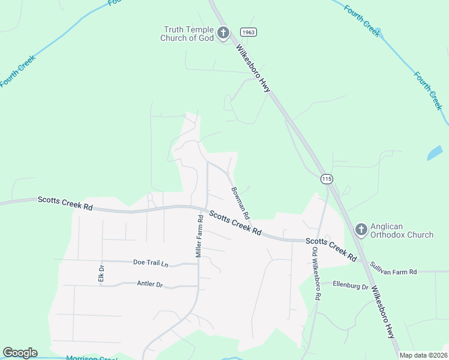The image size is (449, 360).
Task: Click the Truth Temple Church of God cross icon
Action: point(223,32)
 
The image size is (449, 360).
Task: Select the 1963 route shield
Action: point(249,32)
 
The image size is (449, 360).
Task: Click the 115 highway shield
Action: point(327,179)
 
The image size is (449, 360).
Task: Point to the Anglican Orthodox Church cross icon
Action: point(361,229)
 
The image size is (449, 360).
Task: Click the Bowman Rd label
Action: point(241,202)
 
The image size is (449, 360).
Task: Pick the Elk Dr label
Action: point(101,273)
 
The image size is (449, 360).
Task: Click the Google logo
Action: point(20,353)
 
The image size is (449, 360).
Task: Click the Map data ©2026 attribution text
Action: point(423,355)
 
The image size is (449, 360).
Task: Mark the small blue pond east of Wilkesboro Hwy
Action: point(434,153)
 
